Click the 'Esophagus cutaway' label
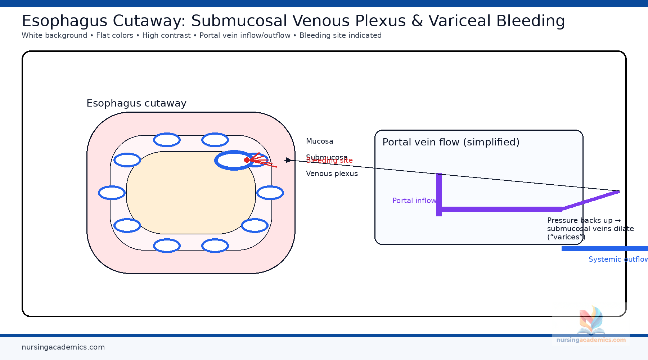pyautogui.click(x=136, y=103)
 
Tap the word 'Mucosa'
pyautogui.click(x=319, y=141)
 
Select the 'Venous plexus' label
pyautogui.click(x=332, y=174)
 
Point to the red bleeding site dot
pyautogui.click(x=247, y=160)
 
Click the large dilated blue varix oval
pyautogui.click(x=230, y=160)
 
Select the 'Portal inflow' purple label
pyautogui.click(x=414, y=201)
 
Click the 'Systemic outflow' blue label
pyautogui.click(x=617, y=259)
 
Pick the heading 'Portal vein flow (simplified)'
pyautogui.click(x=451, y=142)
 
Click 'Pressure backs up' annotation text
pyautogui.click(x=580, y=220)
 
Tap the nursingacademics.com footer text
pyautogui.click(x=63, y=347)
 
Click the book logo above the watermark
pyautogui.click(x=591, y=320)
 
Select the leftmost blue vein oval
pyautogui.click(x=112, y=193)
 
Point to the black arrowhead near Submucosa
pyautogui.click(x=288, y=160)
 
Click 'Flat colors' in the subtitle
pyautogui.click(x=114, y=35)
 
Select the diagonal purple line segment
pyautogui.click(x=590, y=200)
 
